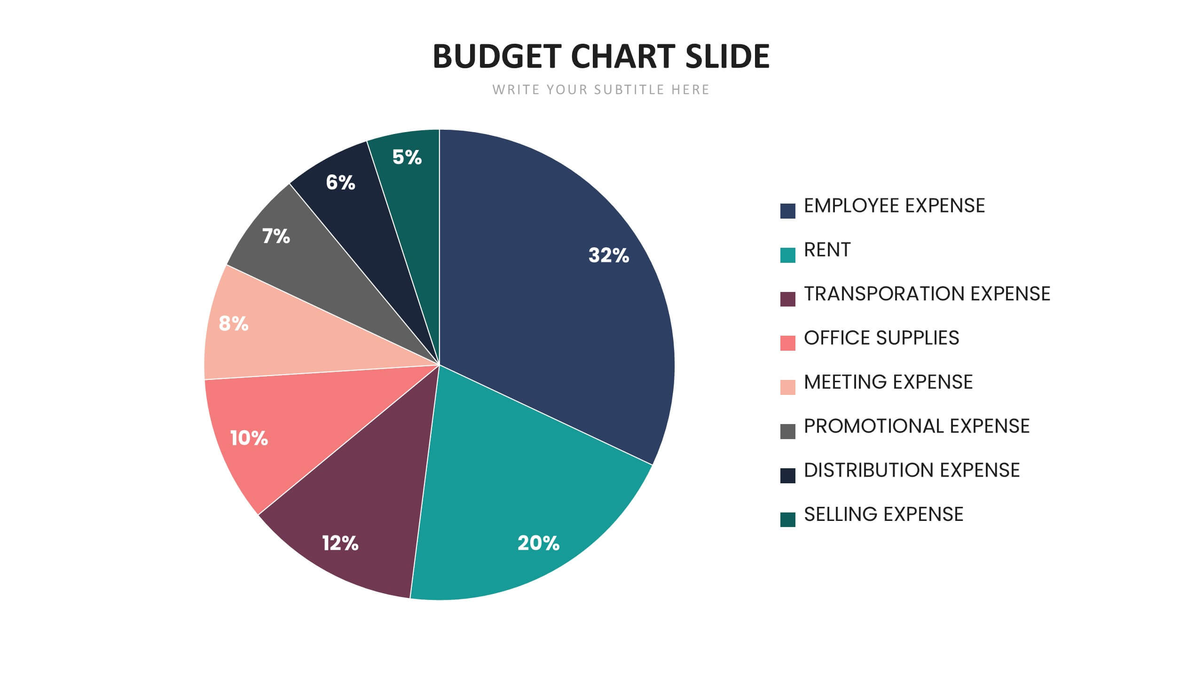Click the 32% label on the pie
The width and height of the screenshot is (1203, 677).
tap(608, 255)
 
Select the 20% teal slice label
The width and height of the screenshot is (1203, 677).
tap(538, 543)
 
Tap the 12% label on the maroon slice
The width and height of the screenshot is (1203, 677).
tap(340, 543)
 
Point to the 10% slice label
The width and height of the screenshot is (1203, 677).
tap(249, 438)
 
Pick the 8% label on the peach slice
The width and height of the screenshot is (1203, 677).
tap(233, 323)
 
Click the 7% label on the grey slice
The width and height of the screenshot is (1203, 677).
tap(276, 236)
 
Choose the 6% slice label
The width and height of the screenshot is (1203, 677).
tap(340, 182)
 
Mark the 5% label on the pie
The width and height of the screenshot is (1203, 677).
tap(407, 157)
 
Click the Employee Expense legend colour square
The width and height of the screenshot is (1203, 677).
tap(787, 211)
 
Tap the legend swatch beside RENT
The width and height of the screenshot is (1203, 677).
tap(787, 255)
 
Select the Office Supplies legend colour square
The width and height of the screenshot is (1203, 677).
tap(787, 343)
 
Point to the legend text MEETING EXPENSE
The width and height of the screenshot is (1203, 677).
tap(888, 382)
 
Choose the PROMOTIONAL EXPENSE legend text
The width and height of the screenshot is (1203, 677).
tap(916, 426)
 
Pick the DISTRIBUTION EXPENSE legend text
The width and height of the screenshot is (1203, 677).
tap(912, 470)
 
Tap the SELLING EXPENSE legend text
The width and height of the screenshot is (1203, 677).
tap(883, 514)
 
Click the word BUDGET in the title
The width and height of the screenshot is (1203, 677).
tap(496, 56)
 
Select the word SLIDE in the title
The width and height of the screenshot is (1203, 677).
tap(727, 56)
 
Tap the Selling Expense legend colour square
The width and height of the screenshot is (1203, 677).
tap(787, 520)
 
